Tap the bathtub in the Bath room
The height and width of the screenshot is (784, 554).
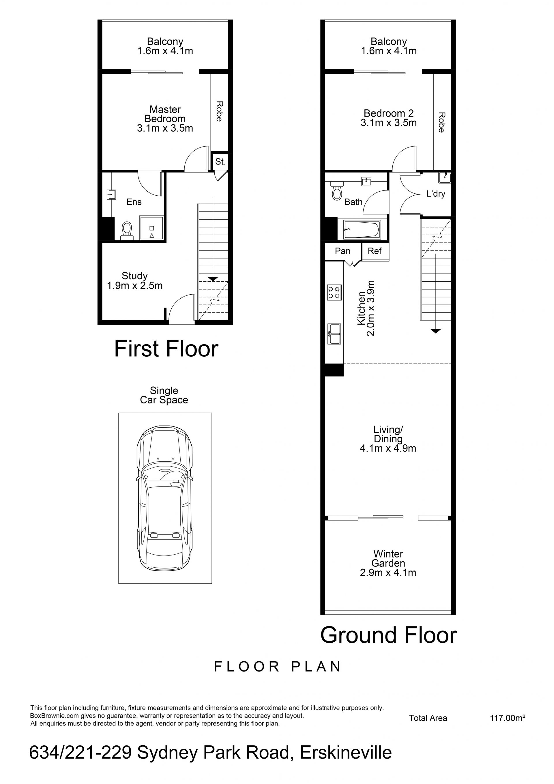pos(362,230)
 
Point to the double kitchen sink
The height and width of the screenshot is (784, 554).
pos(334,334)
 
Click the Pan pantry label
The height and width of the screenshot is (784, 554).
pos(342,251)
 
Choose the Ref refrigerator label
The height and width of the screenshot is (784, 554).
pos(375,251)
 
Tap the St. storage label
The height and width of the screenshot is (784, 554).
pos(220,162)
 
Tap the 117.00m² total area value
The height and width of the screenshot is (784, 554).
pos(508,718)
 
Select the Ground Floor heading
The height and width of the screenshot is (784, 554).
pos(388,635)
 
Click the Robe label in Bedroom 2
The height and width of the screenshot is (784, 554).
pos(442,122)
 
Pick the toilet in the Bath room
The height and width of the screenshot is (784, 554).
pos(337,190)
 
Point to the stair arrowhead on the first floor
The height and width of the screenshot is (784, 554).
pos(213,279)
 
